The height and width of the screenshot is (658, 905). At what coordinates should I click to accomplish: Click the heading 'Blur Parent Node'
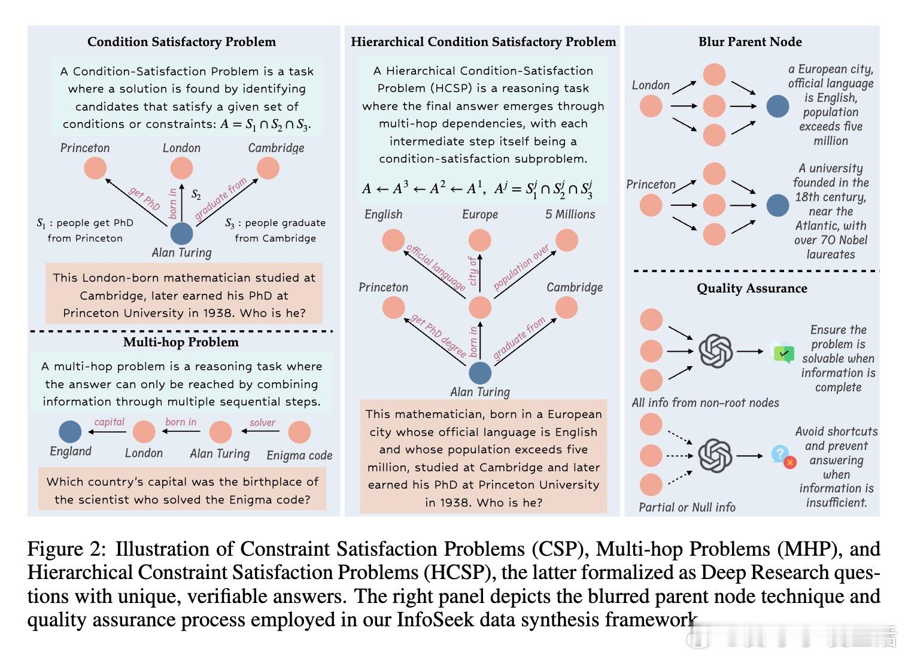750,42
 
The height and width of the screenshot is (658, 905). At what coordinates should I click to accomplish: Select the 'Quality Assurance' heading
752,288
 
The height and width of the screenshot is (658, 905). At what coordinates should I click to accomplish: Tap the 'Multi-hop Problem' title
181,342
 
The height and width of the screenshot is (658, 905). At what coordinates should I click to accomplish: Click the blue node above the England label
70,431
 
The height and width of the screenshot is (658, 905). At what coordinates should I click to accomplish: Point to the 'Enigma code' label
299,455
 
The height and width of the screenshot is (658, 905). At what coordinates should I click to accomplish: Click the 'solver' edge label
262,423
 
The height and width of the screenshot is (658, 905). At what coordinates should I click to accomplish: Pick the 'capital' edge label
109,422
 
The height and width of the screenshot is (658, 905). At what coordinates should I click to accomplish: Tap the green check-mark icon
783,353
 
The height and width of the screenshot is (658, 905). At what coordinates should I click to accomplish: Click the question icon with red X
783,457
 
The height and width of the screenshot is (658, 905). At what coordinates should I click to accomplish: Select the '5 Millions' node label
570,214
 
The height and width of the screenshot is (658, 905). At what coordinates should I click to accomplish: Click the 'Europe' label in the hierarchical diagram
480,214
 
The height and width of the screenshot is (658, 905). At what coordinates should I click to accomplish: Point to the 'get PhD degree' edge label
438,336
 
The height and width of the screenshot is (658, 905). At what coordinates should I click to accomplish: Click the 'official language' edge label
436,267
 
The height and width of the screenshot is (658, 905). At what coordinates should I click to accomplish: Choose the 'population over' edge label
521,267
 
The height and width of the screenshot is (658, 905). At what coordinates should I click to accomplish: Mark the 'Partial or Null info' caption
687,507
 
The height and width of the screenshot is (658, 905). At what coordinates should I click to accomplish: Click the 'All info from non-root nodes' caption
706,403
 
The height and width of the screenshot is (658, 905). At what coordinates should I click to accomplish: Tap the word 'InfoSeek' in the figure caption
435,619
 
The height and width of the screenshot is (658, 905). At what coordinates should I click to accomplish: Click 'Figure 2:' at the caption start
66,549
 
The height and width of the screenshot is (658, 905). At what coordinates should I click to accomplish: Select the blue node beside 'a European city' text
778,106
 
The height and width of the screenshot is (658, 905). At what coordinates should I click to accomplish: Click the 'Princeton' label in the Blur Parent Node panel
651,185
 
